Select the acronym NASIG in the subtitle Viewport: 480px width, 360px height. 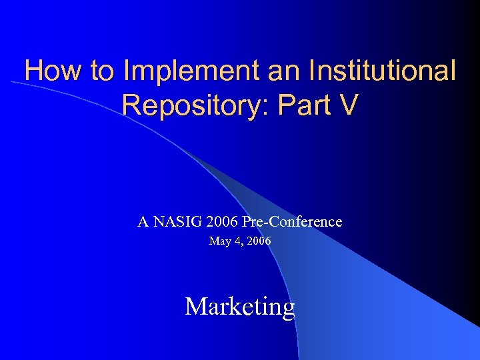pyautogui.click(x=179, y=221)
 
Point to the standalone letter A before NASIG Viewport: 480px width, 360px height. pyautogui.click(x=143, y=221)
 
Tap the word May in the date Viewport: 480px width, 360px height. pyautogui.click(x=219, y=241)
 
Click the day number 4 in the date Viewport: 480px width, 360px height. pyautogui.click(x=237, y=241)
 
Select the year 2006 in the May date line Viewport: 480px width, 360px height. pyautogui.click(x=258, y=241)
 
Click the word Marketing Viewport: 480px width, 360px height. pyautogui.click(x=240, y=307)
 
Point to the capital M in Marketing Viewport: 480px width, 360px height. pyautogui.click(x=196, y=307)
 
